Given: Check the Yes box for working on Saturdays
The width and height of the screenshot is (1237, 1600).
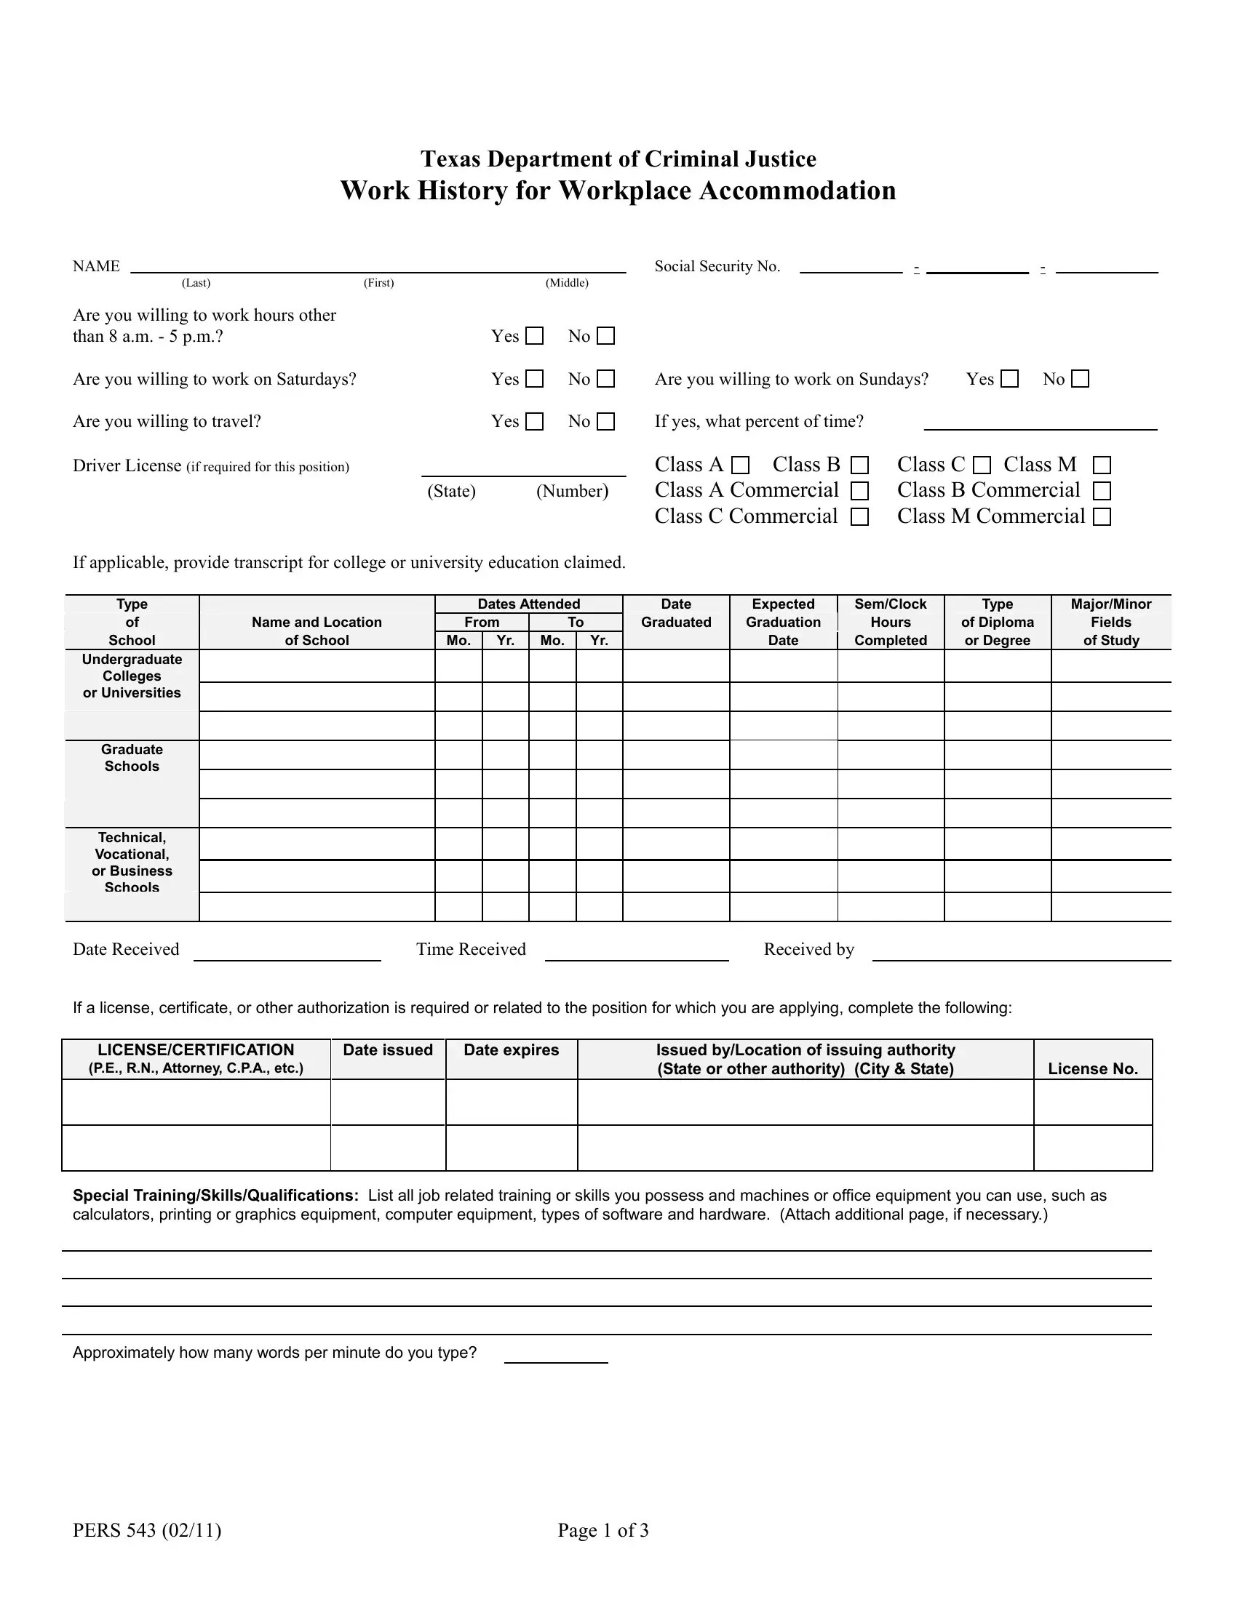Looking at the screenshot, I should [535, 379].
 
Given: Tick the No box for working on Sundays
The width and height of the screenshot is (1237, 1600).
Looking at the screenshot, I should [1080, 379].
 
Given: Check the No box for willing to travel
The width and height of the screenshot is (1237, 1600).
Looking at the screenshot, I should [606, 421].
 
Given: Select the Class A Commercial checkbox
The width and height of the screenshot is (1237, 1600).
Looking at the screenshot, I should [859, 490].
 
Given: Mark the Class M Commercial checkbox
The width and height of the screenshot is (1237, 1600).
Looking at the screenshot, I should [1102, 516].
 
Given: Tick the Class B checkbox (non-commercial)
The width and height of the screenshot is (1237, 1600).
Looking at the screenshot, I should [859, 465].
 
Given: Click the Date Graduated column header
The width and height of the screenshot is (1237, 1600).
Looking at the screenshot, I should [676, 613].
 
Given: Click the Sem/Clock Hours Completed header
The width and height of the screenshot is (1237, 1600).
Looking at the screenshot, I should [891, 622].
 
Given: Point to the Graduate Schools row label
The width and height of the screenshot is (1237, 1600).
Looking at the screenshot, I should [132, 758].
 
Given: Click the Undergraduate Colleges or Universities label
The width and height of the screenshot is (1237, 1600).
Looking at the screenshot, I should [132, 676].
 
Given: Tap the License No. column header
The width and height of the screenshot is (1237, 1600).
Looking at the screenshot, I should [1093, 1068].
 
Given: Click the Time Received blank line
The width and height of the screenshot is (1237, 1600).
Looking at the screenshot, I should [636, 953].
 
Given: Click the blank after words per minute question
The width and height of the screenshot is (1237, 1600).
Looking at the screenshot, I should [555, 1356].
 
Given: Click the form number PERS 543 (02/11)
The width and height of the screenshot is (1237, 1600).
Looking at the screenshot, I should [146, 1530].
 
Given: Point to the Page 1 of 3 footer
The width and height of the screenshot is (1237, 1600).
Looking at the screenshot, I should [603, 1530].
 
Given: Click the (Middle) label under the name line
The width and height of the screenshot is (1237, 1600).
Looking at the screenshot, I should [566, 283].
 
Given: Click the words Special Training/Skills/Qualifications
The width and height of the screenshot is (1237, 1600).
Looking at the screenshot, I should [215, 1196].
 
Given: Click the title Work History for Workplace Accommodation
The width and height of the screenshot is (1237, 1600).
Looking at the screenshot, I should [618, 191].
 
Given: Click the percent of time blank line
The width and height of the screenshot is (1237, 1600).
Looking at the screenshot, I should [1040, 423].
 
